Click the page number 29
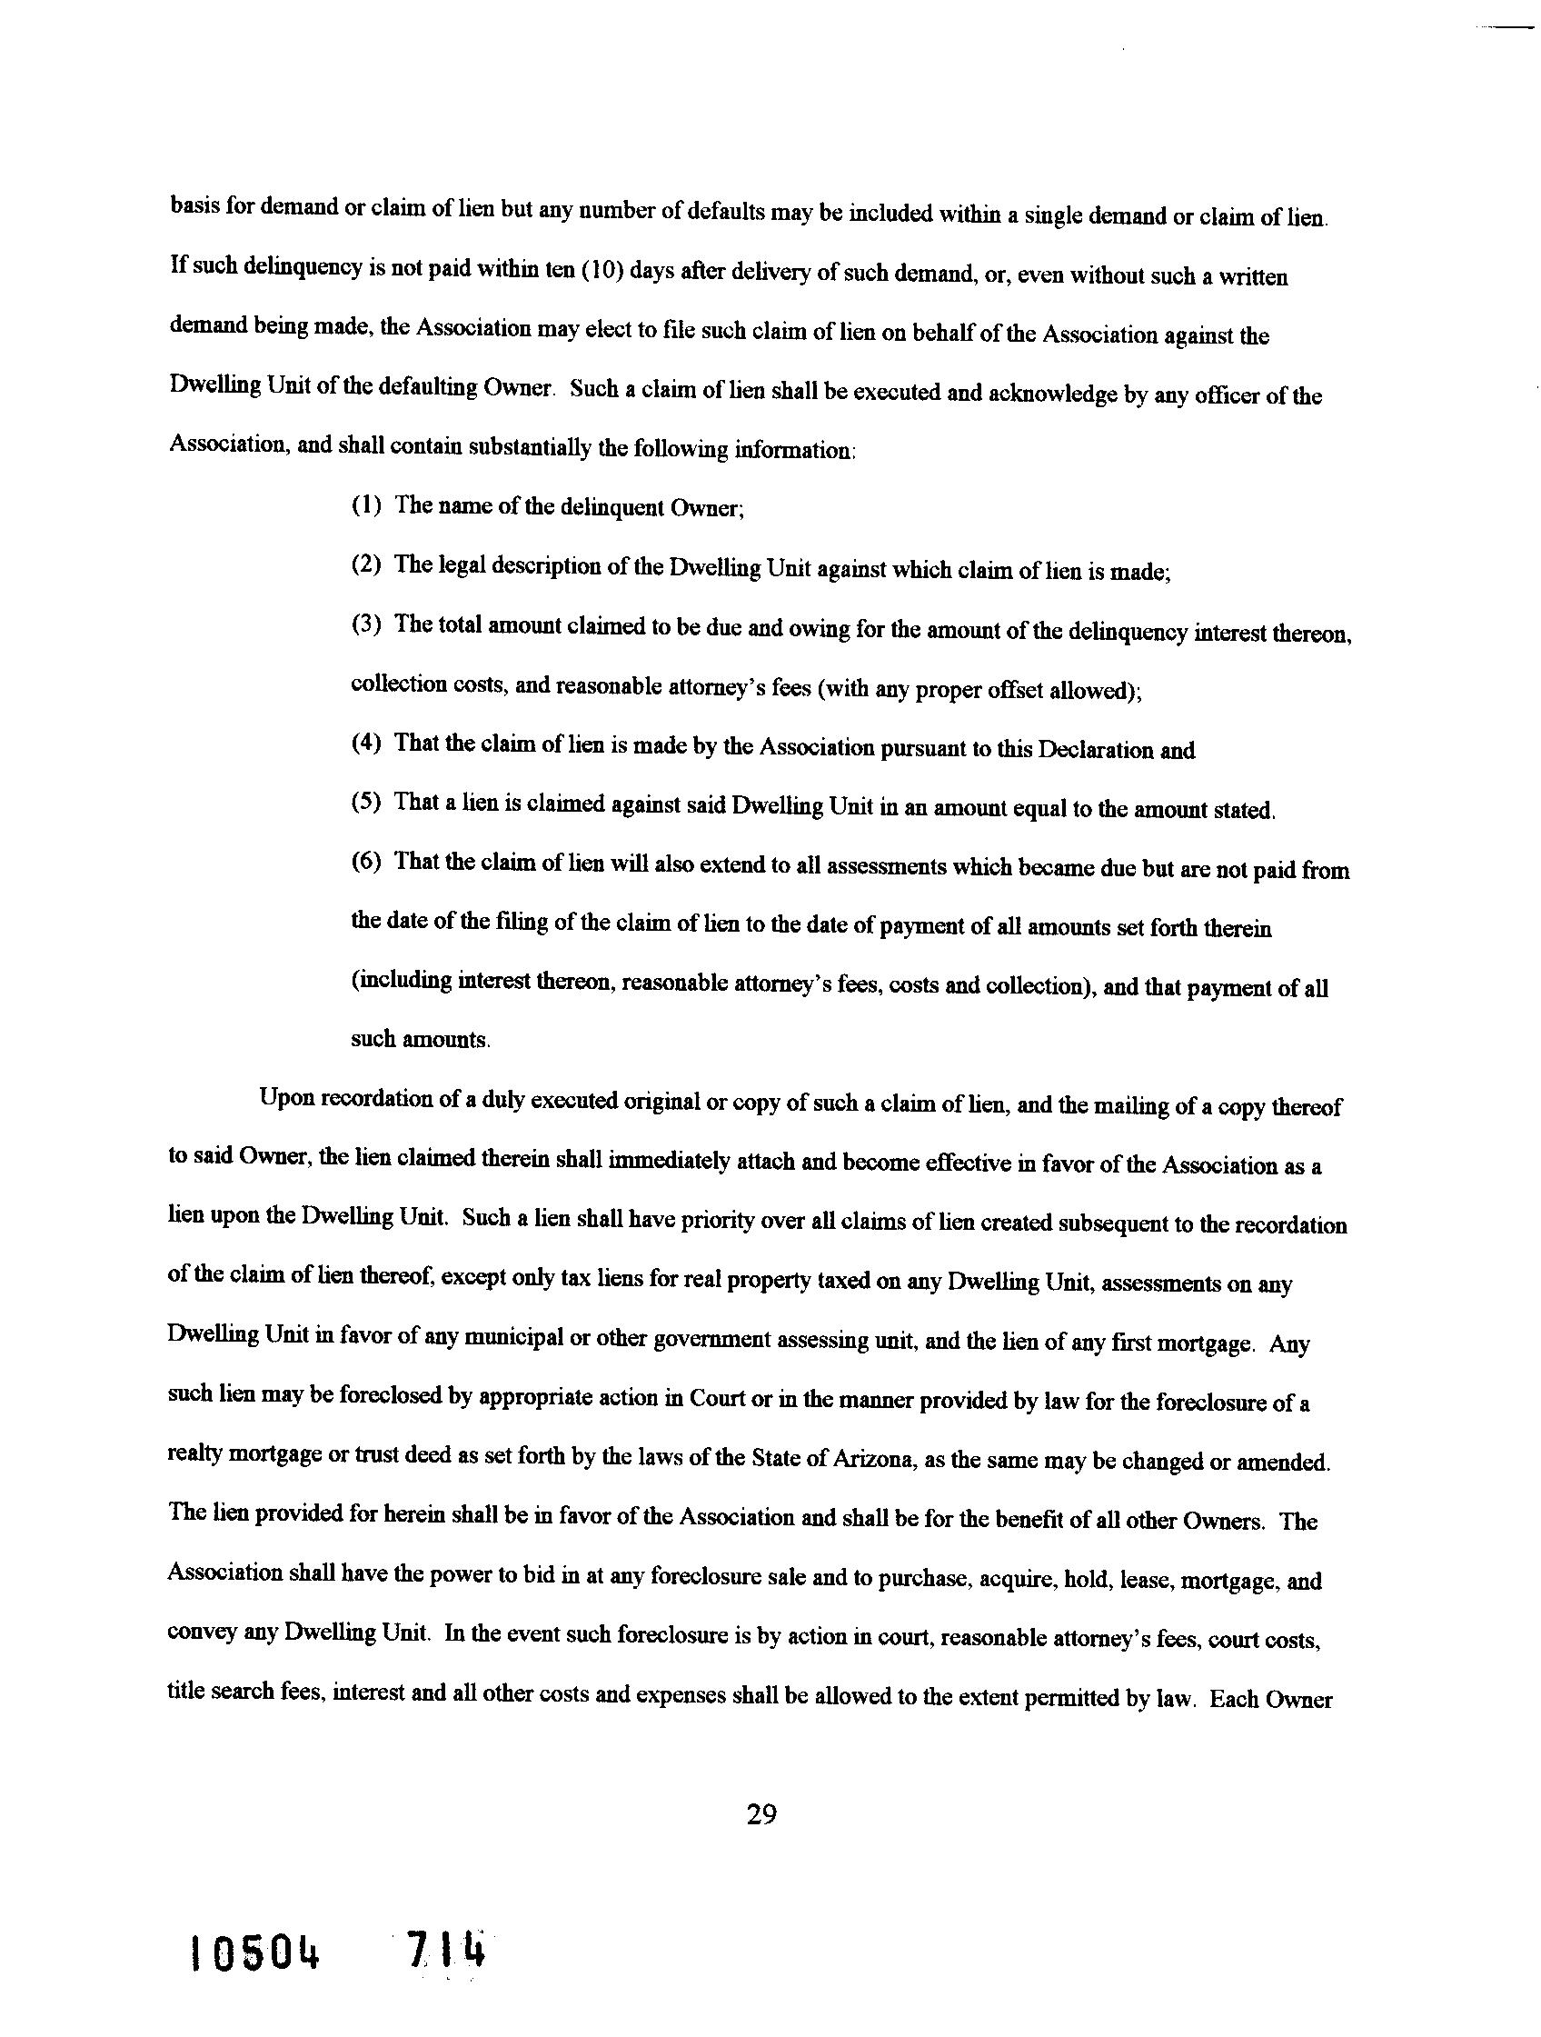(761, 1815)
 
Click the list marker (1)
(366, 505)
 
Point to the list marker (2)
(366, 564)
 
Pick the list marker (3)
(366, 624)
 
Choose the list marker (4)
(366, 744)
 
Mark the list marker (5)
(366, 802)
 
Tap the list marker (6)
(366, 862)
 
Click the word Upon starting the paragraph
(286, 1099)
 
